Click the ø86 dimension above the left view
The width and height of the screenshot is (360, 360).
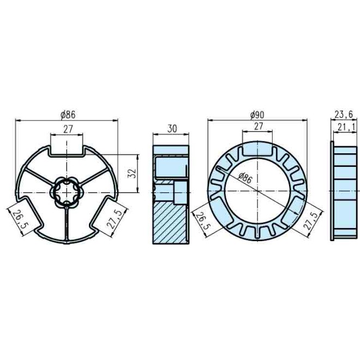click(x=68, y=115)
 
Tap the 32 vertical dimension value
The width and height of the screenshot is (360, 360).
click(x=131, y=173)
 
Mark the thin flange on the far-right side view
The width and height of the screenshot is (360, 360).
click(x=332, y=191)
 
